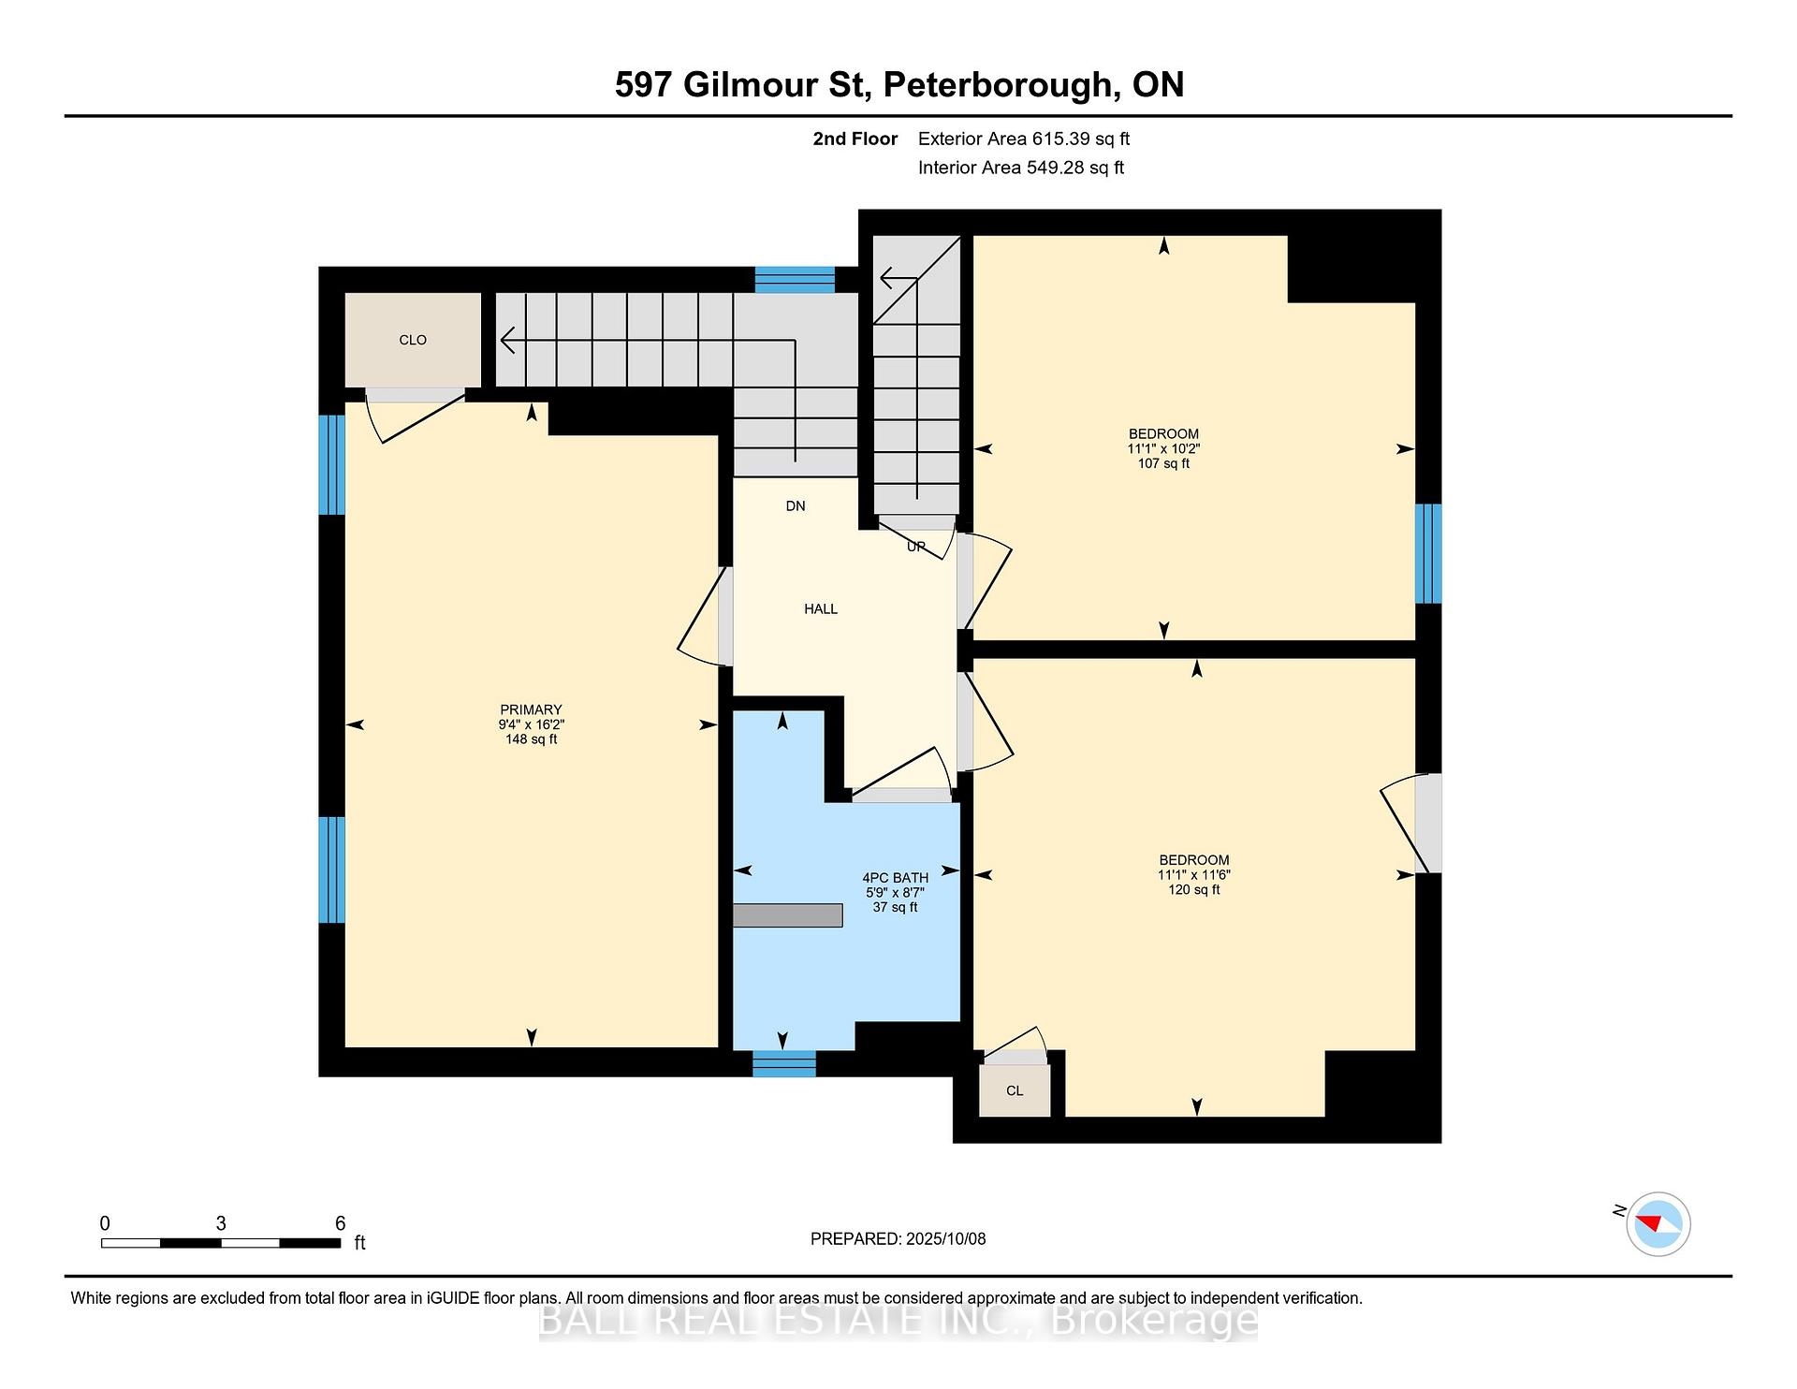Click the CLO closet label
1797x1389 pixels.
(413, 340)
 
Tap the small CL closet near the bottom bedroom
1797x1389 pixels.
(1015, 1090)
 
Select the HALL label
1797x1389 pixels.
(821, 608)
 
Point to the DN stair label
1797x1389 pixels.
(796, 506)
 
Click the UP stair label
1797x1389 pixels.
(916, 547)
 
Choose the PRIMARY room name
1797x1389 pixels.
(531, 709)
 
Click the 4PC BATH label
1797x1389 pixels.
(896, 878)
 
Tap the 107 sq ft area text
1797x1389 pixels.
(1163, 463)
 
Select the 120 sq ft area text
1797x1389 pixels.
(1194, 889)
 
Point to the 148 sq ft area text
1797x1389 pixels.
(531, 738)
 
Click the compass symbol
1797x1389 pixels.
(1658, 1223)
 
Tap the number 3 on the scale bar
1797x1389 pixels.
(221, 1223)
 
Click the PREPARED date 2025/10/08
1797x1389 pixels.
(946, 1238)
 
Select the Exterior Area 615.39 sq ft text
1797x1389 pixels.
(1024, 139)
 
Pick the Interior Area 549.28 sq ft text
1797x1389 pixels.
(1021, 168)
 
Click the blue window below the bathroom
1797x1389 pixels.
(784, 1063)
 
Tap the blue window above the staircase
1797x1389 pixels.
(795, 280)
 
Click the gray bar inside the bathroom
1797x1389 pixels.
(787, 915)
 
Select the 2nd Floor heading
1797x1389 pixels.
(855, 139)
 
